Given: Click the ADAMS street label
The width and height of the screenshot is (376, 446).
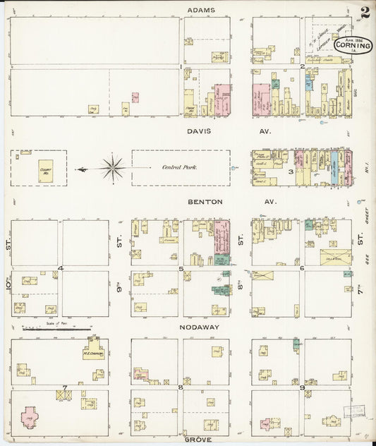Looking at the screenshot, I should click(x=201, y=10).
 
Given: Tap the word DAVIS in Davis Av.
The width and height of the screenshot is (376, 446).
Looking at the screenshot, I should click(x=200, y=131).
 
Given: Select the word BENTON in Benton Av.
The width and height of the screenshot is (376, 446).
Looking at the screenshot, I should click(x=205, y=202).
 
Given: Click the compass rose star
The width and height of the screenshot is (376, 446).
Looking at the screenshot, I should click(x=112, y=168).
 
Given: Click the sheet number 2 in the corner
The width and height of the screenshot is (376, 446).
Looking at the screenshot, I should click(x=365, y=12).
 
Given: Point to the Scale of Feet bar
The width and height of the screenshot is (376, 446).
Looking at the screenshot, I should click(x=56, y=329).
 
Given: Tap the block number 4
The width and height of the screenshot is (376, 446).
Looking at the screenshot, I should click(x=61, y=268).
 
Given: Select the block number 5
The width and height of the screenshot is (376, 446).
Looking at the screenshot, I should click(x=181, y=268).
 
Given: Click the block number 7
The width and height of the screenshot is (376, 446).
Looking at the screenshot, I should click(x=65, y=387).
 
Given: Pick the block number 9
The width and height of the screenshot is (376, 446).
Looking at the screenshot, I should click(x=302, y=387).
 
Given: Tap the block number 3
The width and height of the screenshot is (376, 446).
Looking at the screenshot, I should click(x=291, y=171).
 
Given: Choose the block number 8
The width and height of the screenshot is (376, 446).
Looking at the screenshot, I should click(x=181, y=387).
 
